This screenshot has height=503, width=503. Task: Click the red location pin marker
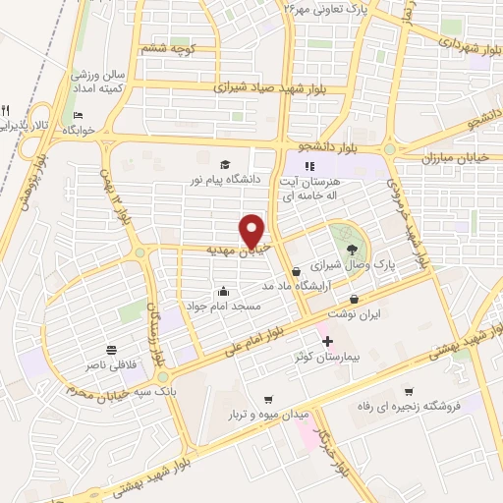252,231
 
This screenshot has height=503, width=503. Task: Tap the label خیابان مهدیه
210,250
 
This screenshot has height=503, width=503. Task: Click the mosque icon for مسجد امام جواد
224,291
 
